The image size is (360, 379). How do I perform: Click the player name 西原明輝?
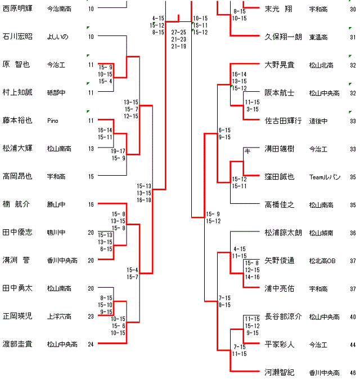(x=17, y=9)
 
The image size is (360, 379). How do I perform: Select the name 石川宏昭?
(x=17, y=37)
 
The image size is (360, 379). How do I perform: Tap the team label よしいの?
(x=57, y=37)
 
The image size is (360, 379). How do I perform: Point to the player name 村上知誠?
(x=17, y=92)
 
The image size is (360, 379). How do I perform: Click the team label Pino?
(x=53, y=121)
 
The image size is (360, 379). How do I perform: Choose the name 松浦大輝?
(x=17, y=149)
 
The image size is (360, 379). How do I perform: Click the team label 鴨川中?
(x=56, y=232)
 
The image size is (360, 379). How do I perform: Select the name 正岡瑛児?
(x=17, y=316)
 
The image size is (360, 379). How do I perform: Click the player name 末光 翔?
(x=279, y=9)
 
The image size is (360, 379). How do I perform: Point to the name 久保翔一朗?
(x=283, y=37)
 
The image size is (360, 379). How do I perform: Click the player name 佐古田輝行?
(x=283, y=121)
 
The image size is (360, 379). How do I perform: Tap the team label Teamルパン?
(x=325, y=177)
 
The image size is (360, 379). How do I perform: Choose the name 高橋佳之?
(x=280, y=204)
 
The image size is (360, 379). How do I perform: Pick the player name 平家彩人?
(x=280, y=344)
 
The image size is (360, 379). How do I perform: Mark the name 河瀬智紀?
(x=280, y=372)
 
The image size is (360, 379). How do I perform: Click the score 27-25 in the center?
(x=179, y=33)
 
